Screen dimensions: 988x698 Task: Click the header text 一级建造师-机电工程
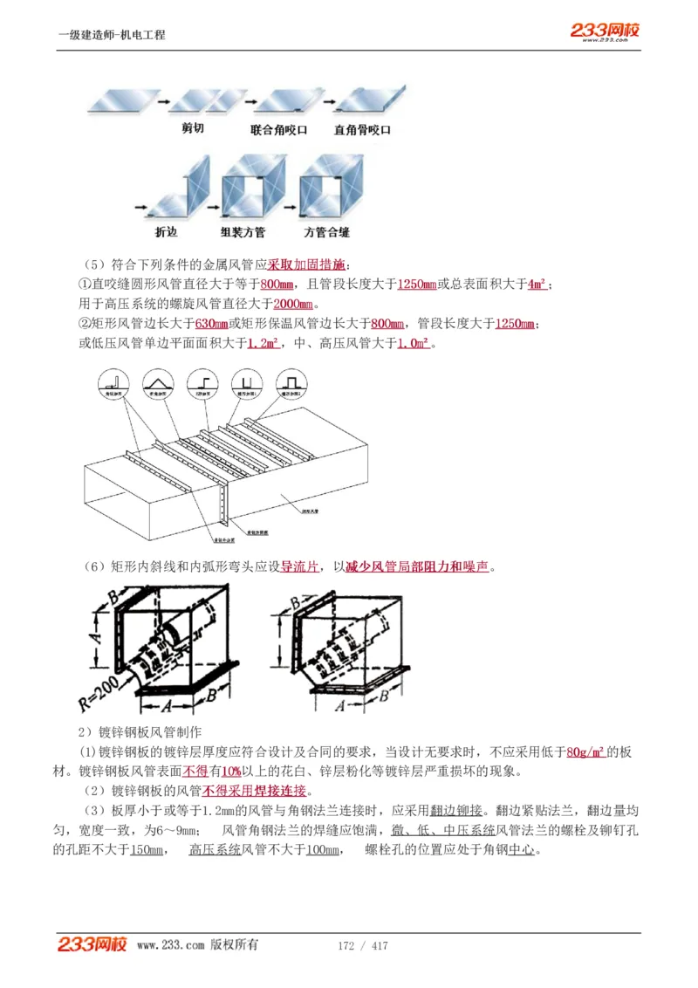click(x=111, y=35)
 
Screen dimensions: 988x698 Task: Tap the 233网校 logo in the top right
click(x=606, y=31)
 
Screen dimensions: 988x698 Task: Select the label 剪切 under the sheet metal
click(x=193, y=129)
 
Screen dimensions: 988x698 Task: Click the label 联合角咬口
click(x=278, y=129)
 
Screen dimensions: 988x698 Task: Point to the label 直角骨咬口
click(x=362, y=129)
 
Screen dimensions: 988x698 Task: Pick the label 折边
click(x=166, y=232)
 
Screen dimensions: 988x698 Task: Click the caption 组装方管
click(x=243, y=232)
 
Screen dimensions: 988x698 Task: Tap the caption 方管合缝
click(x=326, y=232)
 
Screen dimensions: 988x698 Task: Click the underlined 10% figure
click(x=230, y=772)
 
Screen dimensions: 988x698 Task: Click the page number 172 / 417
click(x=362, y=946)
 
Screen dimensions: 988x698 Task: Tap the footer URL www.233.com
click(x=170, y=946)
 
